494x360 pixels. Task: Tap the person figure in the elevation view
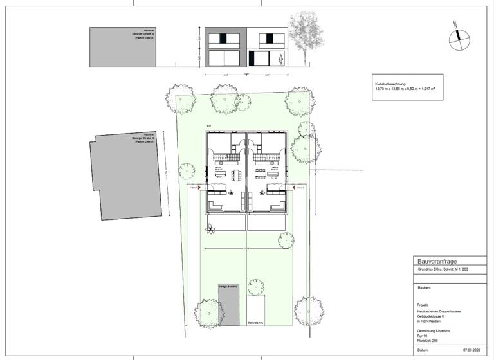(x=280, y=59)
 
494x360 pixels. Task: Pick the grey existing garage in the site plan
(x=229, y=305)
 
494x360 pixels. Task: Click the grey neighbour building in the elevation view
(x=131, y=46)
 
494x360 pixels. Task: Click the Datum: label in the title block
(x=423, y=350)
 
